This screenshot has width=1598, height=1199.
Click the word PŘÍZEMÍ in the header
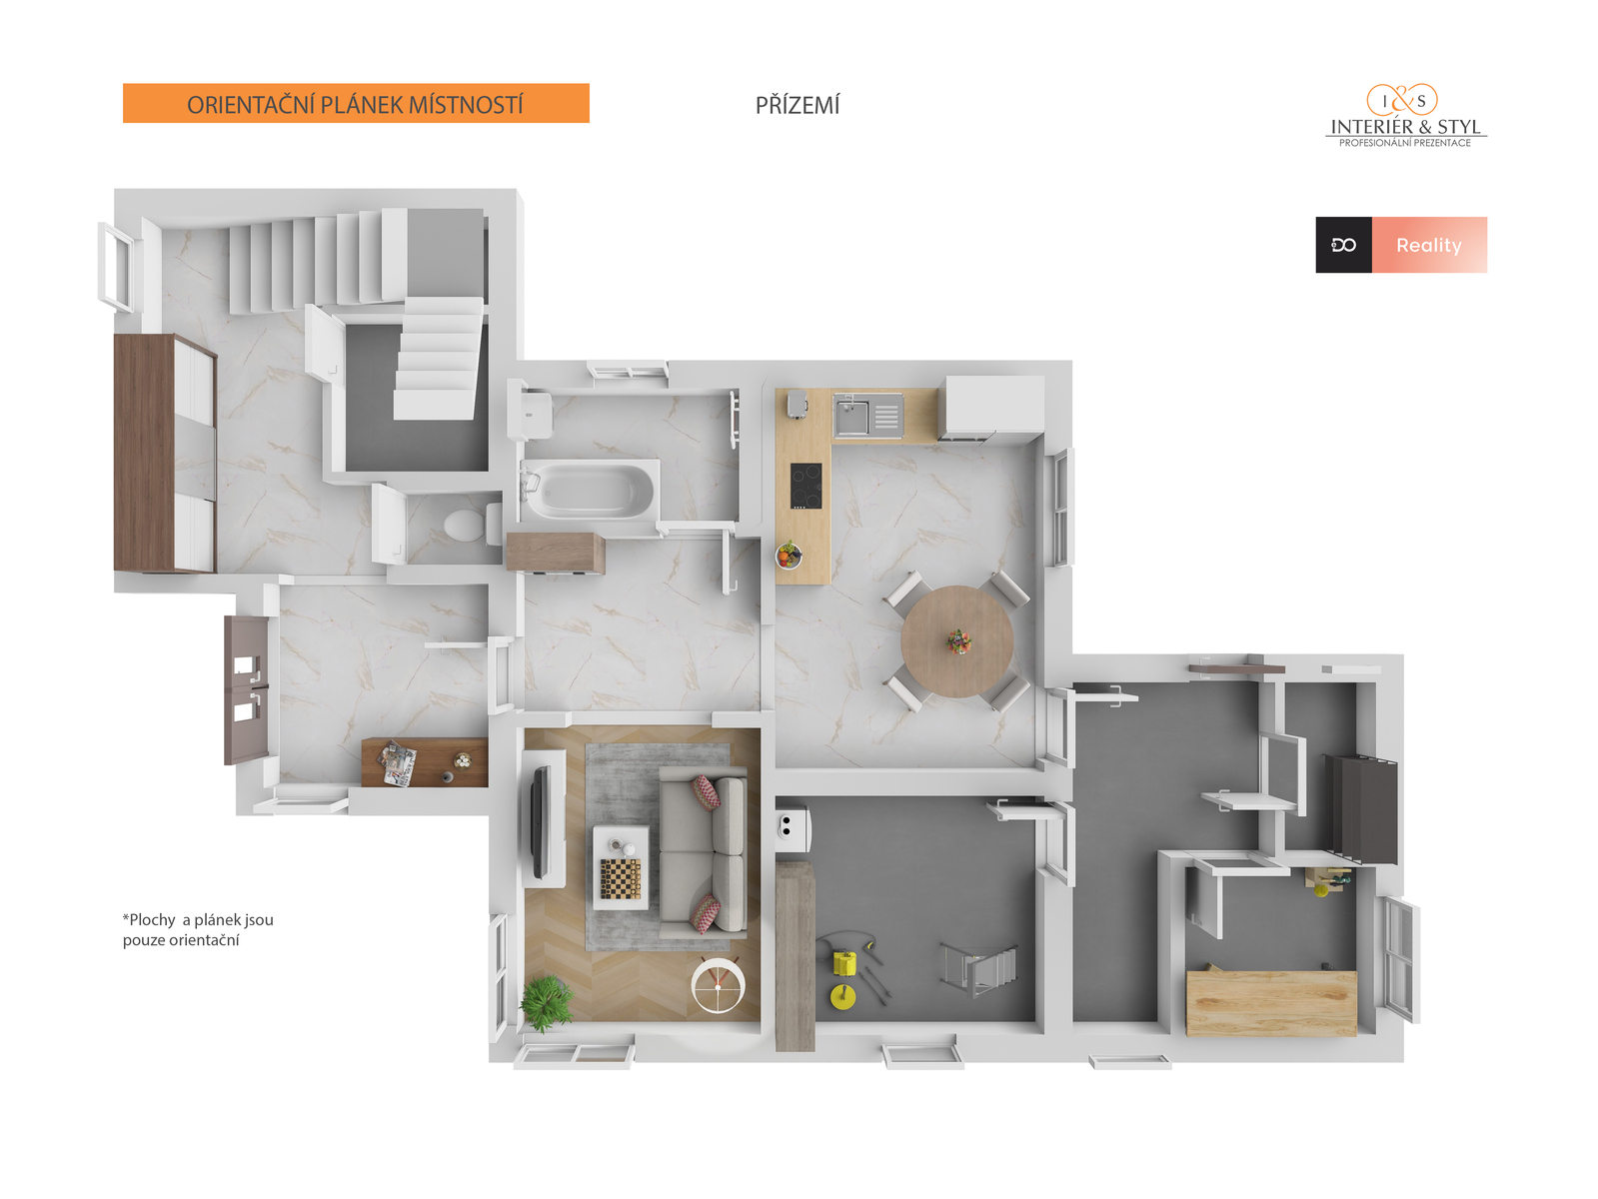pos(797,105)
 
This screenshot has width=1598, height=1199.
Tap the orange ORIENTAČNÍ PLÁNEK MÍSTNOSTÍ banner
pos(355,103)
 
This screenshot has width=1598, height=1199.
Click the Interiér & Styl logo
pos(1404,116)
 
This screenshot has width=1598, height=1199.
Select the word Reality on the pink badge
pos(1428,245)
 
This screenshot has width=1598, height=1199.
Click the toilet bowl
pos(466,525)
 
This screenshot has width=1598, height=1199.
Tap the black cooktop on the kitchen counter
pos(805,486)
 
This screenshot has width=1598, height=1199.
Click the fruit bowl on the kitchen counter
pos(789,556)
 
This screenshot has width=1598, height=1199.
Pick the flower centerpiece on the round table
pos(958,641)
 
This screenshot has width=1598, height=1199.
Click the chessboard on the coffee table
pos(621,877)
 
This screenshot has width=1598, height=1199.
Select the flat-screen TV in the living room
pos(539,821)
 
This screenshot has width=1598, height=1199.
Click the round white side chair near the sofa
pos(718,985)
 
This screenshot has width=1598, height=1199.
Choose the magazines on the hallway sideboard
pos(398,762)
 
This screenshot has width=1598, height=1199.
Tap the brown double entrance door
pos(247,689)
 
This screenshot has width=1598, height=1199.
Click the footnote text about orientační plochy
pos(197,929)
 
